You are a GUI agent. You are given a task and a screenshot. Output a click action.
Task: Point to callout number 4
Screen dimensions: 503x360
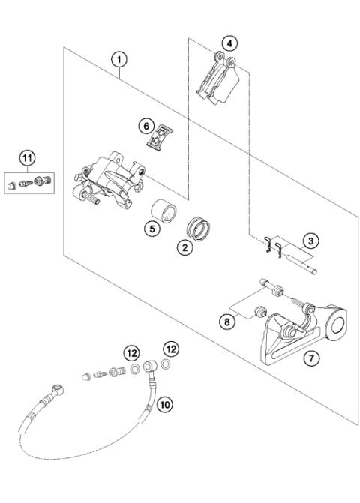pos(230,42)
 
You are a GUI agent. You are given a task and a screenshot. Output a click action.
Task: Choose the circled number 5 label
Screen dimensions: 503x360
pos(153,229)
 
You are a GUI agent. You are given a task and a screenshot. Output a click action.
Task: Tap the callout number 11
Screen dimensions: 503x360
pos(28,158)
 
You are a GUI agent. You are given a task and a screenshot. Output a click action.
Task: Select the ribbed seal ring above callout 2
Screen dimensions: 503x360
pos(200,224)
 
